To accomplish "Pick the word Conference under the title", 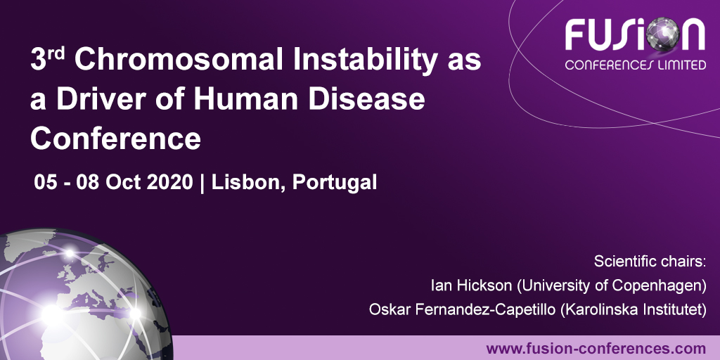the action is click(116, 139).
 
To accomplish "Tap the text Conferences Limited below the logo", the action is click(636, 65).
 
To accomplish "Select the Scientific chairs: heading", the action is click(650, 262).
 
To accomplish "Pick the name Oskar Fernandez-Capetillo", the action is click(463, 309).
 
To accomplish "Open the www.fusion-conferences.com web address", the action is click(596, 349).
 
